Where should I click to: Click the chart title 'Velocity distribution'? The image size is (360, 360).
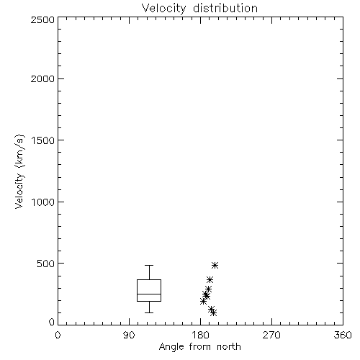pyautogui.click(x=199, y=8)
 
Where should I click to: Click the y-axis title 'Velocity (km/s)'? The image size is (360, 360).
pyautogui.click(x=19, y=171)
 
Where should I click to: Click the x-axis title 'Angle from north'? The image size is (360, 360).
pyautogui.click(x=199, y=347)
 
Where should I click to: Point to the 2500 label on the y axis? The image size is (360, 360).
pyautogui.click(x=42, y=19)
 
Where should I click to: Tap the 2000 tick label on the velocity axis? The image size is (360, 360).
pyautogui.click(x=42, y=78)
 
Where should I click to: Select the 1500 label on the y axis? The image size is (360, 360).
pyautogui.click(x=43, y=140)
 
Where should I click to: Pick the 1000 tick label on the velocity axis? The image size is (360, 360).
pyautogui.click(x=43, y=202)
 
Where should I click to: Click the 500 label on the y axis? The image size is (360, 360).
pyautogui.click(x=46, y=264)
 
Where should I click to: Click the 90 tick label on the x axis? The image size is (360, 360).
pyautogui.click(x=129, y=335)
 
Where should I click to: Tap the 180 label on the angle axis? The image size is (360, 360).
pyautogui.click(x=200, y=335)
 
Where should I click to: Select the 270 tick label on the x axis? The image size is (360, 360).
pyautogui.click(x=271, y=335)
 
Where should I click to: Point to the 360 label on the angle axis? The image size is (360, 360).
pyautogui.click(x=343, y=335)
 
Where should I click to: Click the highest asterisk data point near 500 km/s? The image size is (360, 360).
pyautogui.click(x=215, y=265)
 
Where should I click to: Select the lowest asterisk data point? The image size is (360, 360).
pyautogui.click(x=213, y=312)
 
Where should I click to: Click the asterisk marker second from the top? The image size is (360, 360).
pyautogui.click(x=210, y=279)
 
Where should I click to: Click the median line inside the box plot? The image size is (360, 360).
pyautogui.click(x=149, y=294)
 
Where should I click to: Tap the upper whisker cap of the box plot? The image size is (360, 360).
pyautogui.click(x=149, y=265)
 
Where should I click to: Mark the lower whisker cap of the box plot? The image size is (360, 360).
pyautogui.click(x=149, y=312)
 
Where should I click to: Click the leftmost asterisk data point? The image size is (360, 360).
pyautogui.click(x=203, y=302)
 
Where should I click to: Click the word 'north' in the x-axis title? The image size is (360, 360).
pyautogui.click(x=229, y=347)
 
